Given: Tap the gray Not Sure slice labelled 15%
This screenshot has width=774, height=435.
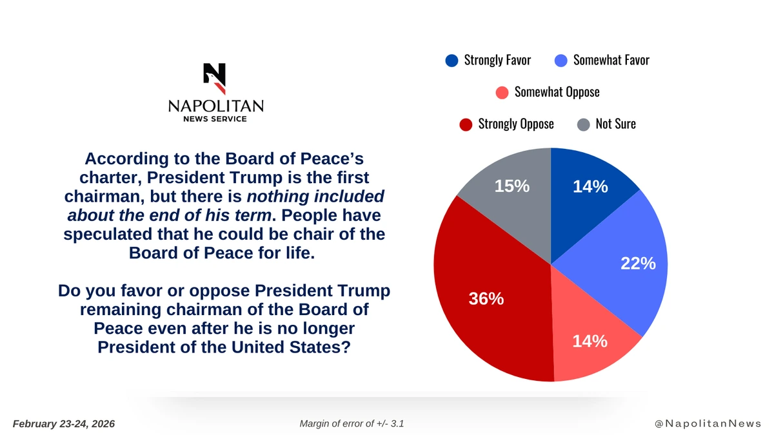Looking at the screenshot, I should (510, 193).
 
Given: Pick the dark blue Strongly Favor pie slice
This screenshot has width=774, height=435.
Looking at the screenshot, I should (587, 193).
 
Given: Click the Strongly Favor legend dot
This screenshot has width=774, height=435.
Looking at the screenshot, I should (452, 61).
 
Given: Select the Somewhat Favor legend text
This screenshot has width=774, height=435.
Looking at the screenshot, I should (611, 61).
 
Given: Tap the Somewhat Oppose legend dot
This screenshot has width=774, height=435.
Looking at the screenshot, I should (502, 92).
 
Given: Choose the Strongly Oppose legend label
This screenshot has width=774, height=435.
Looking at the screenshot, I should (515, 124).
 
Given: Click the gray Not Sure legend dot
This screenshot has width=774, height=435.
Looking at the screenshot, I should (583, 124).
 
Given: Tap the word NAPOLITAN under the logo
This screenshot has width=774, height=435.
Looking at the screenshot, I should (215, 106).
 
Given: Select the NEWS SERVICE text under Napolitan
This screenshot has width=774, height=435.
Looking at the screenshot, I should (215, 119).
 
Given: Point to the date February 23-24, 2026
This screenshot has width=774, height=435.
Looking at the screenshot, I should (64, 423).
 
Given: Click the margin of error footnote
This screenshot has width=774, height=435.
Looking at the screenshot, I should (352, 423).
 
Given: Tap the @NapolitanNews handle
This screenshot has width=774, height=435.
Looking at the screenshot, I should (707, 423).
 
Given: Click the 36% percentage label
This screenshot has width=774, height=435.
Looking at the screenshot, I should (486, 299).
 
